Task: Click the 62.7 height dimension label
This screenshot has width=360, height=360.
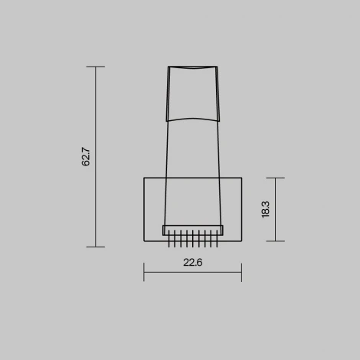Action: click(x=87, y=157)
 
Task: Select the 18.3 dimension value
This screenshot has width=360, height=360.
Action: click(x=265, y=209)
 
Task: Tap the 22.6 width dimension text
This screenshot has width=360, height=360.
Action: click(x=192, y=262)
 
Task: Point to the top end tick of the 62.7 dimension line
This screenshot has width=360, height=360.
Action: click(x=95, y=67)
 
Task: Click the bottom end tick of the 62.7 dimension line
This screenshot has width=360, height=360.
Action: click(x=95, y=247)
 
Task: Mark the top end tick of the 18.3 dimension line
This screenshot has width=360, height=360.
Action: click(x=275, y=178)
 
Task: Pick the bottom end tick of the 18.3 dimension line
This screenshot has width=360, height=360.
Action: click(x=275, y=241)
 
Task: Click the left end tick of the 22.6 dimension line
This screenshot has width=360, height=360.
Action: click(x=144, y=272)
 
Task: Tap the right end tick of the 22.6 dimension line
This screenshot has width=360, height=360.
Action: click(x=241, y=272)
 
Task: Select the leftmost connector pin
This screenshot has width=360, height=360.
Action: click(x=169, y=241)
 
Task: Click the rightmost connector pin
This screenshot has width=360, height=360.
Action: click(x=217, y=241)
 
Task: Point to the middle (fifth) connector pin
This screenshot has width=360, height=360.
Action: click(x=192, y=241)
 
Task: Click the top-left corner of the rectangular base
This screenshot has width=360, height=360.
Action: click(x=144, y=178)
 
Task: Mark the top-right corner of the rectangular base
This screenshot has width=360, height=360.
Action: click(x=241, y=178)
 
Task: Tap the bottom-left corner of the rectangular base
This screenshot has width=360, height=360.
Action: click(x=144, y=241)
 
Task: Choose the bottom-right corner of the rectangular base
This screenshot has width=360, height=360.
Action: click(x=241, y=241)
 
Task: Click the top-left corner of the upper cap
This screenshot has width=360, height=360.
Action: click(x=169, y=67)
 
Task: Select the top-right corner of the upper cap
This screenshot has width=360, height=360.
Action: click(x=217, y=67)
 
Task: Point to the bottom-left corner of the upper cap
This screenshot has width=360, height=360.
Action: click(x=168, y=121)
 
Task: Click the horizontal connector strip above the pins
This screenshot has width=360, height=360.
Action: click(x=192, y=230)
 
